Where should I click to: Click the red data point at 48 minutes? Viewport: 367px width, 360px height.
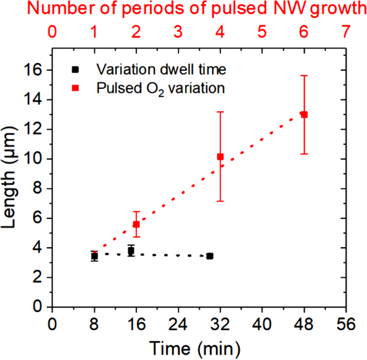pyautogui.click(x=304, y=115)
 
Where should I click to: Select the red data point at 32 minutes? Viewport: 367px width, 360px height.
pyautogui.click(x=220, y=157)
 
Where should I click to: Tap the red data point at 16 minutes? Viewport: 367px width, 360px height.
pyautogui.click(x=136, y=224)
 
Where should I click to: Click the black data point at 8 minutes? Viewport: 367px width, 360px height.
pyautogui.click(x=94, y=256)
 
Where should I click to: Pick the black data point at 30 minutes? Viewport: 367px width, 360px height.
pyautogui.click(x=210, y=256)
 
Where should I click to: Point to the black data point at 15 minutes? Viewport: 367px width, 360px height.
pyautogui.click(x=131, y=251)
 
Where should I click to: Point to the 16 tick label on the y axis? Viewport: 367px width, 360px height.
pyautogui.click(x=35, y=70)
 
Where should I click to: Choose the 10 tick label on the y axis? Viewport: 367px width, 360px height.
pyautogui.click(x=35, y=159)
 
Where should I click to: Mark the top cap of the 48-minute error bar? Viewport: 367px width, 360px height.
pyautogui.click(x=304, y=76)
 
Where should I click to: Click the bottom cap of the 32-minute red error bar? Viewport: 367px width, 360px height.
pyautogui.click(x=220, y=201)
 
